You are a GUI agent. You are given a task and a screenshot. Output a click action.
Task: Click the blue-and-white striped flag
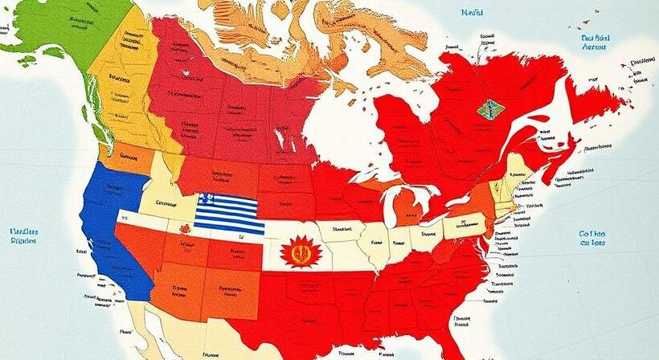pos(231,214)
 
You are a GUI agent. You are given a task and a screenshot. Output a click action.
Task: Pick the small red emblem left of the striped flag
pos(183,229)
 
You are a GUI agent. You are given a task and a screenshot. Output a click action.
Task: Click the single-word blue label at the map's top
pos(473,13)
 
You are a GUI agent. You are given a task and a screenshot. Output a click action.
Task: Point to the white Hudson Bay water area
pos(346,121)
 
